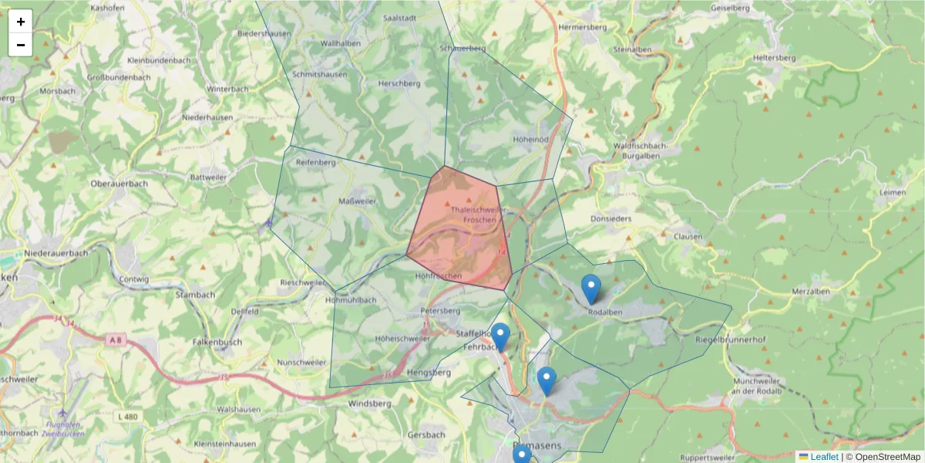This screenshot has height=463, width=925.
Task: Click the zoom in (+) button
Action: (21, 22)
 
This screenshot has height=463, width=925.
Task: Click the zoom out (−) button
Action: (21, 45)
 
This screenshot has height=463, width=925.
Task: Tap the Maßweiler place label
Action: (358, 201)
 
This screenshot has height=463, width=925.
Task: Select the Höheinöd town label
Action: (530, 139)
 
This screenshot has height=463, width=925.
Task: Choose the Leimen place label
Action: (892, 193)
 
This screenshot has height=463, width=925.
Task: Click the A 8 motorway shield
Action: (115, 340)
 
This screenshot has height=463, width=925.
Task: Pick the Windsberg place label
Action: (370, 404)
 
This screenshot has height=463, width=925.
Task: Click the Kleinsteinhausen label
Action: (225, 444)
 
